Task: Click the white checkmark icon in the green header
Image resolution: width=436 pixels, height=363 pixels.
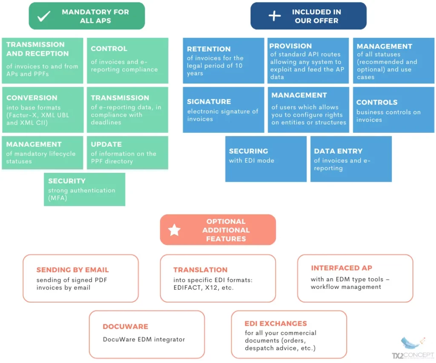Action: (44, 16)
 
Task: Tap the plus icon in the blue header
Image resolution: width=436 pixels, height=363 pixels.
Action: (275, 16)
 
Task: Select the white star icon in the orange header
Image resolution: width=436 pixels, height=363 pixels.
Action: (174, 230)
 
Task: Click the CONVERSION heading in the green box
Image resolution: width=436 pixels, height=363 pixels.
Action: (32, 98)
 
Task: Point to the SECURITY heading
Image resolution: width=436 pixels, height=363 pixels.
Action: (67, 181)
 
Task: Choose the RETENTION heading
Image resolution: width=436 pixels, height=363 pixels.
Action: (209, 49)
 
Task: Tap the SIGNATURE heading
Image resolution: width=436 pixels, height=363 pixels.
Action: (209, 102)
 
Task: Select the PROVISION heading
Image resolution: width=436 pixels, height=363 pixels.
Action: (290, 46)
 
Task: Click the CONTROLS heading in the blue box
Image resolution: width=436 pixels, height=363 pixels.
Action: (377, 103)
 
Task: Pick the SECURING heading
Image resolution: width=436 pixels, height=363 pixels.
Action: (248, 151)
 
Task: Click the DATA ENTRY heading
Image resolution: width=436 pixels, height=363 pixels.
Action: (338, 151)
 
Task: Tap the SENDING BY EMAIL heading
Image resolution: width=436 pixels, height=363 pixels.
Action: (72, 270)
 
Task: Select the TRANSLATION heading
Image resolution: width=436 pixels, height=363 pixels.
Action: (200, 270)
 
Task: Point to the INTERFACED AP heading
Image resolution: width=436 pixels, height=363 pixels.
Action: (341, 268)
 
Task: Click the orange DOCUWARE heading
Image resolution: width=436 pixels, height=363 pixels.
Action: (125, 327)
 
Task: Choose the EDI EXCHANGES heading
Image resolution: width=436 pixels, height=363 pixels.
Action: (275, 324)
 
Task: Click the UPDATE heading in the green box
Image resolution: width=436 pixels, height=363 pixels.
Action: (106, 144)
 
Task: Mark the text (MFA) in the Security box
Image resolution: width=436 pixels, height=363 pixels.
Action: (57, 198)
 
